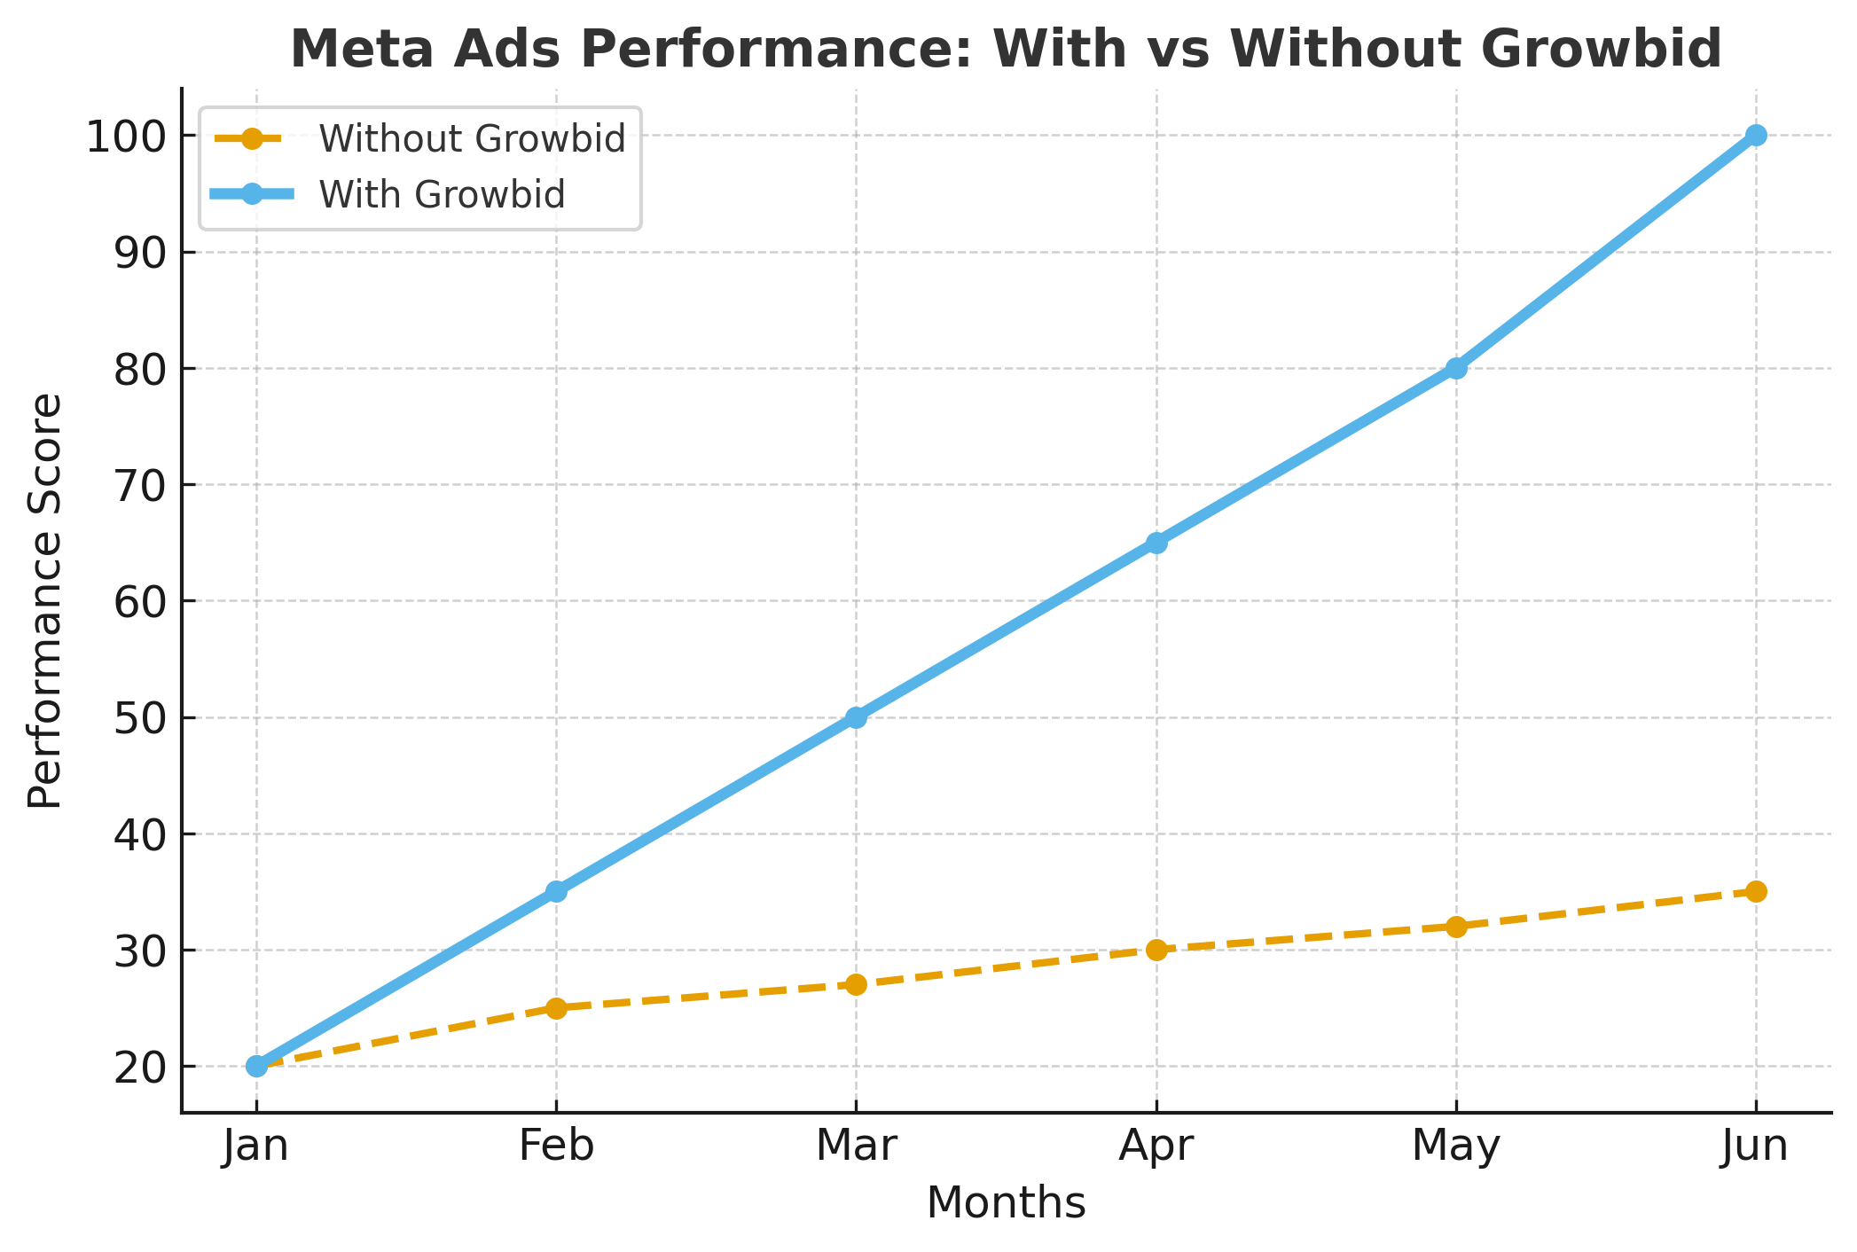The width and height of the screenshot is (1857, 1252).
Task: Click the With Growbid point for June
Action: (1756, 136)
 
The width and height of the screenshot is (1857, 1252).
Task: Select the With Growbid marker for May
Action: (1456, 368)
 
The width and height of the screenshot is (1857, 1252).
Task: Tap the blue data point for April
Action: (1156, 543)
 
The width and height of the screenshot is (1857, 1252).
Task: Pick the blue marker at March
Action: (856, 717)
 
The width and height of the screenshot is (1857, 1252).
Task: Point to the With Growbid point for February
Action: (556, 891)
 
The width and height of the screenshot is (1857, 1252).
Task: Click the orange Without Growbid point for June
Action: (1756, 891)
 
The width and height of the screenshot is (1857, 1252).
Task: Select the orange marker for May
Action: (1456, 927)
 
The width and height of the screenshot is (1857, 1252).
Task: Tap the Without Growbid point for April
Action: (1156, 950)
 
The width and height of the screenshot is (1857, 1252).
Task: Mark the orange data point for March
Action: (856, 984)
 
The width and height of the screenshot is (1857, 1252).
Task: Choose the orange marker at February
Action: (556, 1008)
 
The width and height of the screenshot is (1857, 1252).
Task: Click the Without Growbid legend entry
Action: (472, 139)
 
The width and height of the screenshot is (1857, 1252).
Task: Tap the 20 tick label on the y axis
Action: (141, 1067)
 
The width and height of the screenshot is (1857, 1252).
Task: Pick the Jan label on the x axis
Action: (256, 1146)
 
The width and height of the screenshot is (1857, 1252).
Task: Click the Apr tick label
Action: (1156, 1146)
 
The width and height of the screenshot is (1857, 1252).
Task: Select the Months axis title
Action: (1006, 1204)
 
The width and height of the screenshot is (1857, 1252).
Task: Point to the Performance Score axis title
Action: (44, 600)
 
